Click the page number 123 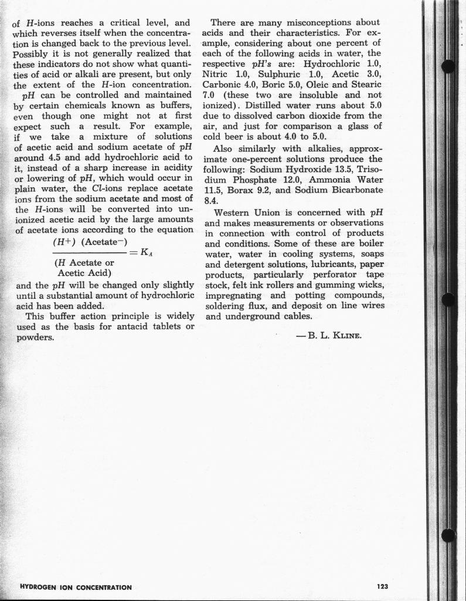pyautogui.click(x=383, y=586)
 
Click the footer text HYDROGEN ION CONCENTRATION pyautogui.click(x=76, y=587)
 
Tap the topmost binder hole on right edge pyautogui.click(x=448, y=66)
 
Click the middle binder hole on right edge pyautogui.click(x=448, y=299)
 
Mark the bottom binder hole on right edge pyautogui.click(x=448, y=535)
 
